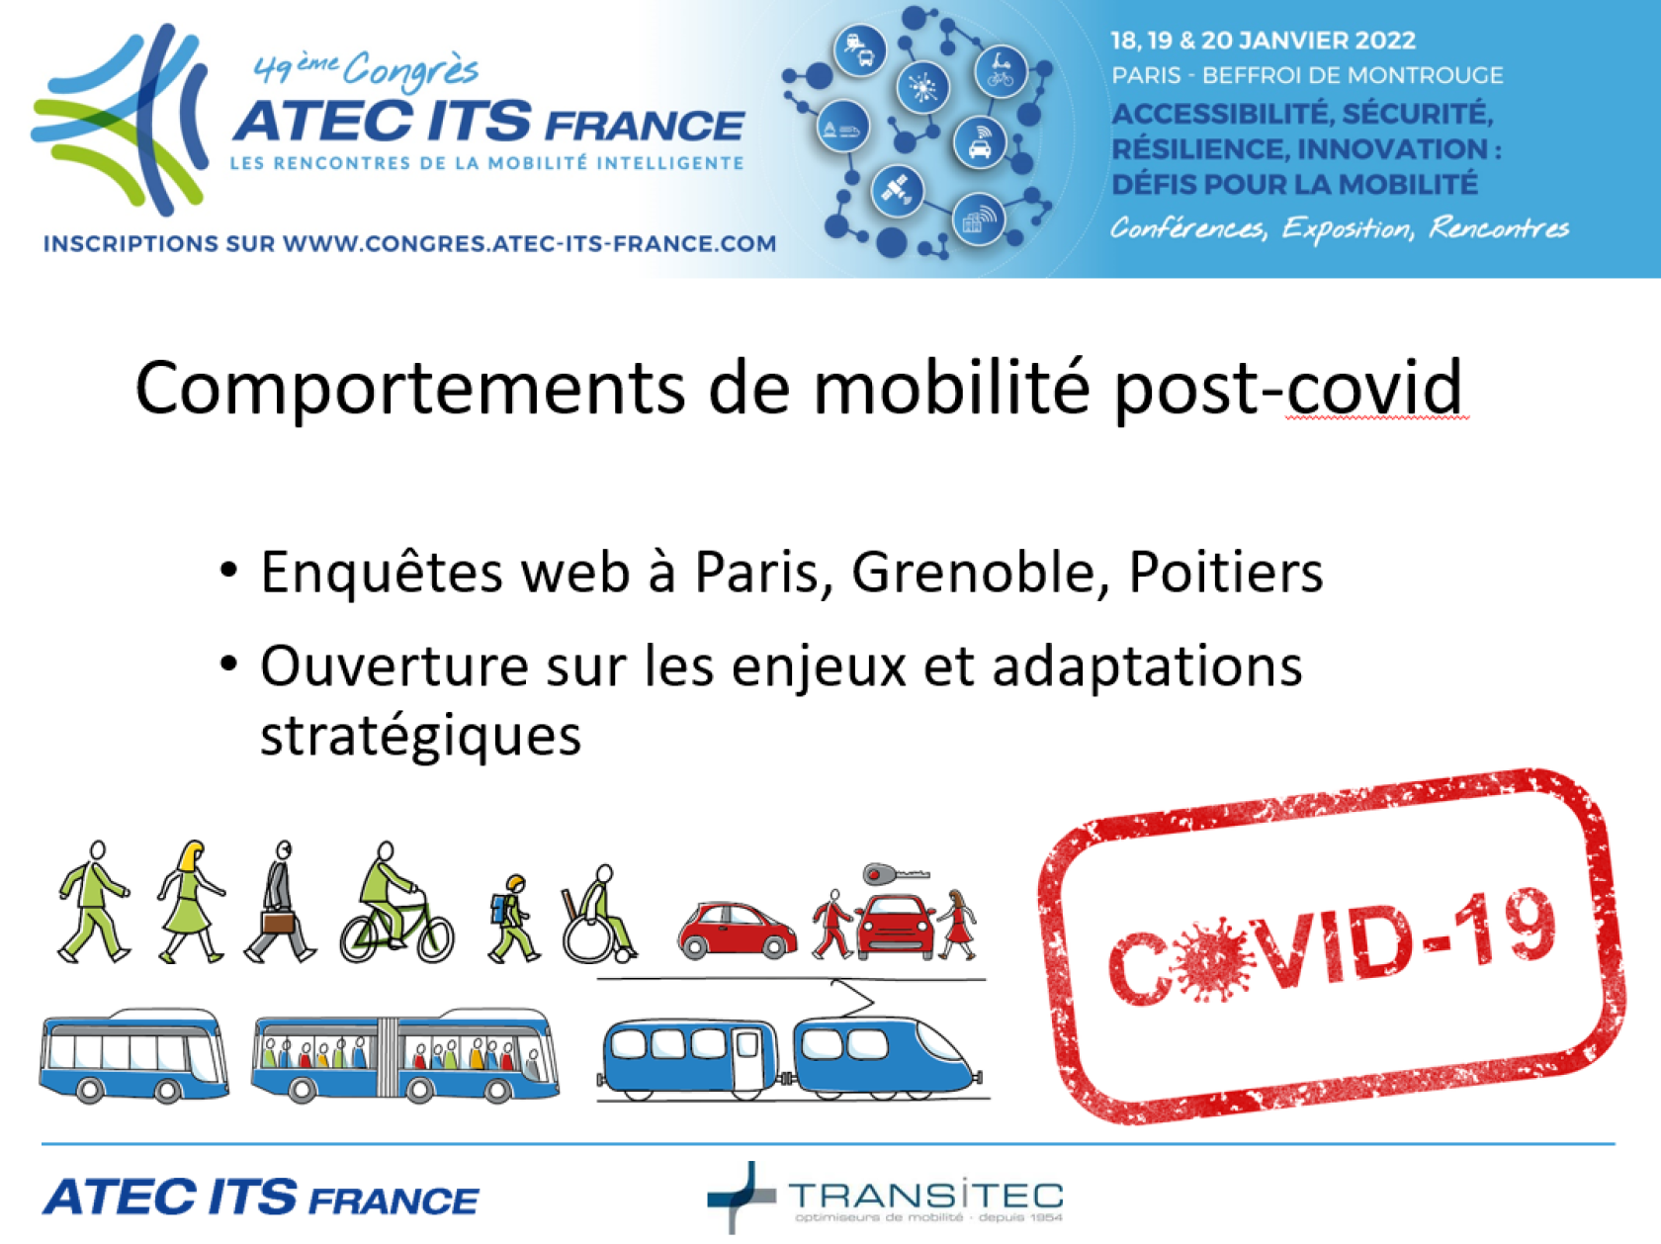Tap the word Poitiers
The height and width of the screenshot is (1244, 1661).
tap(1226, 572)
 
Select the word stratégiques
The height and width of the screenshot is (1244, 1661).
tap(421, 737)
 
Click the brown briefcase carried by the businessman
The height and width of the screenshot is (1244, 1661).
tap(278, 923)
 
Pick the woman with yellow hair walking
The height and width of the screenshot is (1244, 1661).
tap(190, 901)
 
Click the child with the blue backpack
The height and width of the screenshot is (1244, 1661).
tap(512, 919)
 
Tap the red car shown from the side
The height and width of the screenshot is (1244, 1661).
tap(737, 930)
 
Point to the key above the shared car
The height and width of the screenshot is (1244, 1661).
tap(896, 875)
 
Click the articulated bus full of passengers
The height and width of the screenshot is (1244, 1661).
tap(405, 1055)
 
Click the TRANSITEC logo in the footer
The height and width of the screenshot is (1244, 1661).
tap(885, 1197)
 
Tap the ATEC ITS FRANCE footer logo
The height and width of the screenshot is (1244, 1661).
tap(260, 1198)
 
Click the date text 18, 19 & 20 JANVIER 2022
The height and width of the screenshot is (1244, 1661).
tap(1263, 41)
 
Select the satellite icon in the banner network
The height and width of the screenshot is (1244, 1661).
tap(898, 189)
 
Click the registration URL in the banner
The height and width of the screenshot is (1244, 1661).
tap(409, 243)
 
